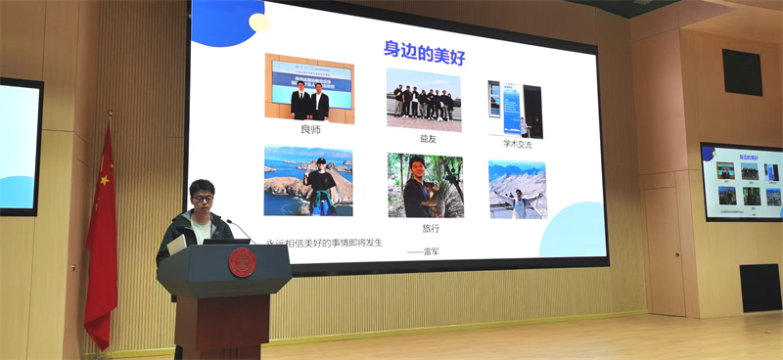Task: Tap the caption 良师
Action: click(x=310, y=129)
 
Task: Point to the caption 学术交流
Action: click(x=516, y=144)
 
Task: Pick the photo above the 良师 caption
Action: click(x=309, y=88)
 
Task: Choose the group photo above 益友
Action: click(x=423, y=100)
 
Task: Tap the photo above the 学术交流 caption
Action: click(x=516, y=109)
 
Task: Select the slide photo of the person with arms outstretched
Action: click(x=518, y=189)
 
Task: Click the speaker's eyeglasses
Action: click(x=203, y=200)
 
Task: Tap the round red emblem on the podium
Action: click(x=242, y=262)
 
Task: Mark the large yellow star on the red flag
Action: click(x=104, y=179)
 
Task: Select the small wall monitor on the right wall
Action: click(x=741, y=182)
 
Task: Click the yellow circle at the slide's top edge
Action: click(x=259, y=22)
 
